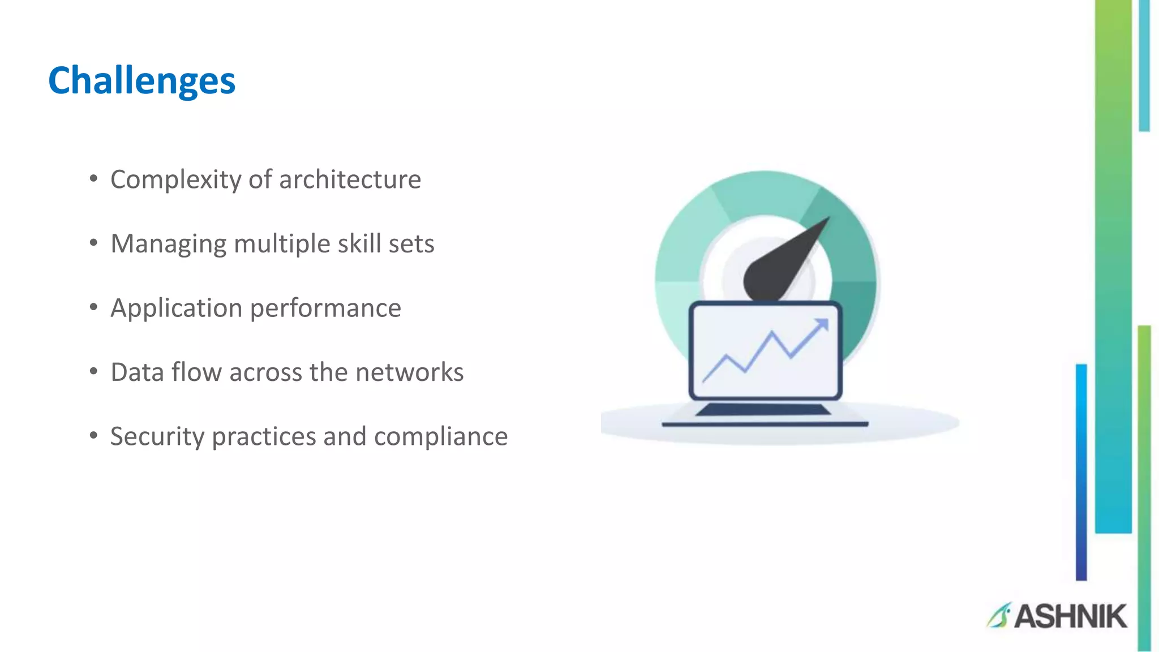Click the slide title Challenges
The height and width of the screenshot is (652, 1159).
point(141,80)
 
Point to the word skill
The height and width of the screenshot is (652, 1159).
point(359,244)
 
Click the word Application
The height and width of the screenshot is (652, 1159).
point(176,309)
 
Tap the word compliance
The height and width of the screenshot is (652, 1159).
point(441,437)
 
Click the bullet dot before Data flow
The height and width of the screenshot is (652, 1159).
point(93,371)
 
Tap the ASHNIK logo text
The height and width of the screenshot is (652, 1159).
point(1070,616)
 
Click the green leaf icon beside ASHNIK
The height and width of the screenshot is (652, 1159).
point(998,616)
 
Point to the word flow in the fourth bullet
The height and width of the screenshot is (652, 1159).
point(196,372)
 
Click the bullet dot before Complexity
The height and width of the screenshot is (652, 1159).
point(93,179)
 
